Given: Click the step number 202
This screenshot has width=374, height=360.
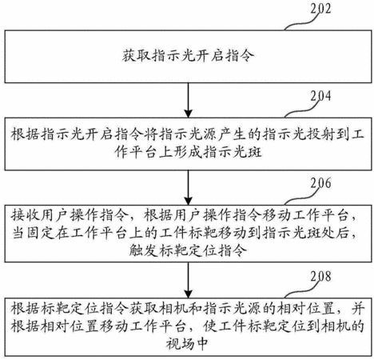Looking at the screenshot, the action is click(x=320, y=8).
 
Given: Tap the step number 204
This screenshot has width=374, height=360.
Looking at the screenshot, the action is click(x=320, y=96).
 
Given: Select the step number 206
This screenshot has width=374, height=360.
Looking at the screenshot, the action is click(x=320, y=183).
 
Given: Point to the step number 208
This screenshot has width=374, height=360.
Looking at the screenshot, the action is click(x=320, y=276).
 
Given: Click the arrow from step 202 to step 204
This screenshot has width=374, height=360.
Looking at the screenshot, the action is click(x=189, y=100).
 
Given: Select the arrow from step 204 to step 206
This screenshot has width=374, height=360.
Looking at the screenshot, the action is click(x=189, y=187).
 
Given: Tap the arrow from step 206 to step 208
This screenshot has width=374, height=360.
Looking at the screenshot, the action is click(x=189, y=280).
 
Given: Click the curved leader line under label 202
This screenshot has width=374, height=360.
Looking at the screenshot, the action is click(x=302, y=22).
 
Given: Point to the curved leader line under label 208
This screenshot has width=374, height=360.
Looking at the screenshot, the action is click(x=302, y=290).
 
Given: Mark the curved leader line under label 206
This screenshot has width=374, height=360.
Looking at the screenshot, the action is click(x=302, y=198).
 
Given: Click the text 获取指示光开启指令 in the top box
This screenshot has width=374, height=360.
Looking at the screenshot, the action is click(x=189, y=56).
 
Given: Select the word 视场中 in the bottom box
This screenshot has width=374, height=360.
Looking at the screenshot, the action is click(x=187, y=344).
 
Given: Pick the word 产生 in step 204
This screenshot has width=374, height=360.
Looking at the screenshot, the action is click(x=232, y=134).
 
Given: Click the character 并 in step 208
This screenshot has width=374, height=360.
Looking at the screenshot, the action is click(x=357, y=309).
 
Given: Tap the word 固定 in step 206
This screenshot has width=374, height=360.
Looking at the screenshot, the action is click(x=39, y=234).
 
